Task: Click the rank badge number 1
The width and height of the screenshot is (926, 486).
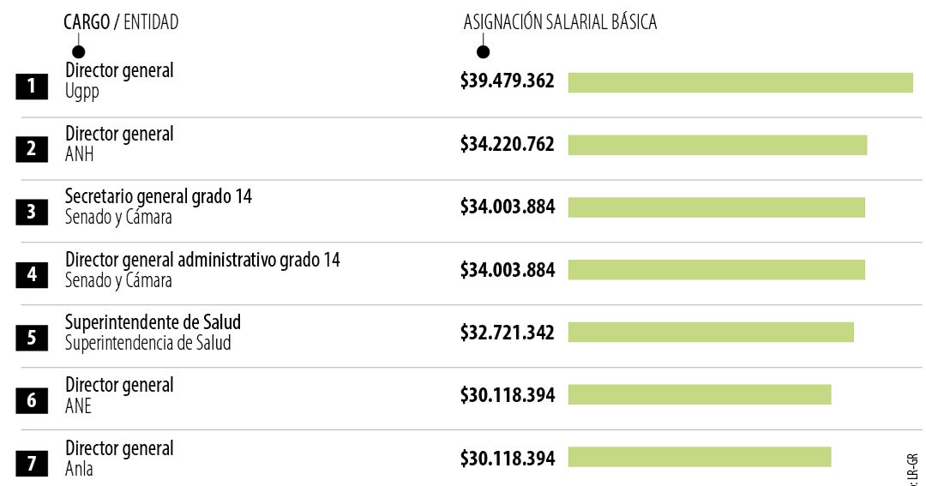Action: [x=32, y=86]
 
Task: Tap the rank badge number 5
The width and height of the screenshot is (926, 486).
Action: [x=32, y=337]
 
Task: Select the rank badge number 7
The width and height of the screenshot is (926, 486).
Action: [x=32, y=464]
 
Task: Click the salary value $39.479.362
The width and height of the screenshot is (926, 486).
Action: [x=508, y=81]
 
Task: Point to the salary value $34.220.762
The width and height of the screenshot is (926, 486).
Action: [x=508, y=144]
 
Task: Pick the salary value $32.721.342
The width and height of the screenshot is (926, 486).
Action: [x=508, y=332]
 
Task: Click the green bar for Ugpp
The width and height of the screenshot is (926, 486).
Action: [x=740, y=82]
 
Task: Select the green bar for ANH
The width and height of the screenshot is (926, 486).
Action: [x=717, y=145]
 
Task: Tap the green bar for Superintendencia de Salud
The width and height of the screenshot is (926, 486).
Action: [x=711, y=332]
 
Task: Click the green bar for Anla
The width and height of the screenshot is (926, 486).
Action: [x=699, y=457]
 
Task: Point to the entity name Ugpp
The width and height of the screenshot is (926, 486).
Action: [x=82, y=92]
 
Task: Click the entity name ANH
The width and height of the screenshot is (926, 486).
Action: [x=80, y=154]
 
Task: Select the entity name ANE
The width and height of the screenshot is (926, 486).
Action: [x=78, y=405]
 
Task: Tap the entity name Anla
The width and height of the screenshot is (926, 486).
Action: [x=79, y=469]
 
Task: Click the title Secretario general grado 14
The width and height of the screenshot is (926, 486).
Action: [x=159, y=196]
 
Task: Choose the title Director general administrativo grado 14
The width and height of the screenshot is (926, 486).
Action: [x=202, y=259]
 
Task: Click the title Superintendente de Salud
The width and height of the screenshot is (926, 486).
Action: [x=153, y=321]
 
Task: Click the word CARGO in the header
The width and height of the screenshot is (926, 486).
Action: [x=87, y=23]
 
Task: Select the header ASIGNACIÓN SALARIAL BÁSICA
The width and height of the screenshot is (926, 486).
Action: [x=560, y=23]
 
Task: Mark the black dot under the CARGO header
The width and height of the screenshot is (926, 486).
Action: [x=78, y=52]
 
